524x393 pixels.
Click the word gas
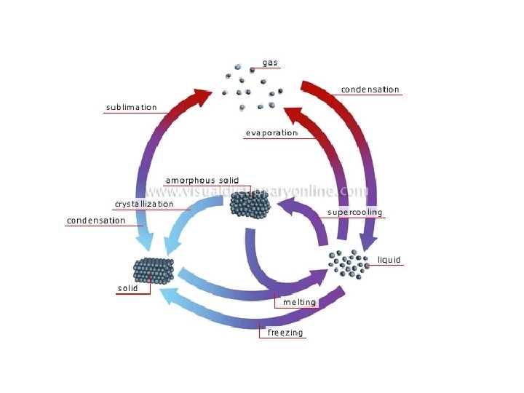[270, 63]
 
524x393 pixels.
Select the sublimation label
[131, 107]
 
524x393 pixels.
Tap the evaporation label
[271, 133]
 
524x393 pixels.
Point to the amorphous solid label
[202, 180]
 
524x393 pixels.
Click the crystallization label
[144, 204]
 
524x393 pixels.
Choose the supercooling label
[354, 213]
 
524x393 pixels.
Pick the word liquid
[389, 260]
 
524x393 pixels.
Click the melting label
[299, 302]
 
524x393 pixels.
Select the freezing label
[285, 333]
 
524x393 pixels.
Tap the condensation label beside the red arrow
[370, 90]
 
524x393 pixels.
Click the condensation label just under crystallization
[96, 221]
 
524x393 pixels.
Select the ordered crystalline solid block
[153, 271]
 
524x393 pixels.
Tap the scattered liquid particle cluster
[348, 263]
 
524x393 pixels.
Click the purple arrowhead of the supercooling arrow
[285, 210]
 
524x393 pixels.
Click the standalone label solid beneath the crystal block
[127, 288]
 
